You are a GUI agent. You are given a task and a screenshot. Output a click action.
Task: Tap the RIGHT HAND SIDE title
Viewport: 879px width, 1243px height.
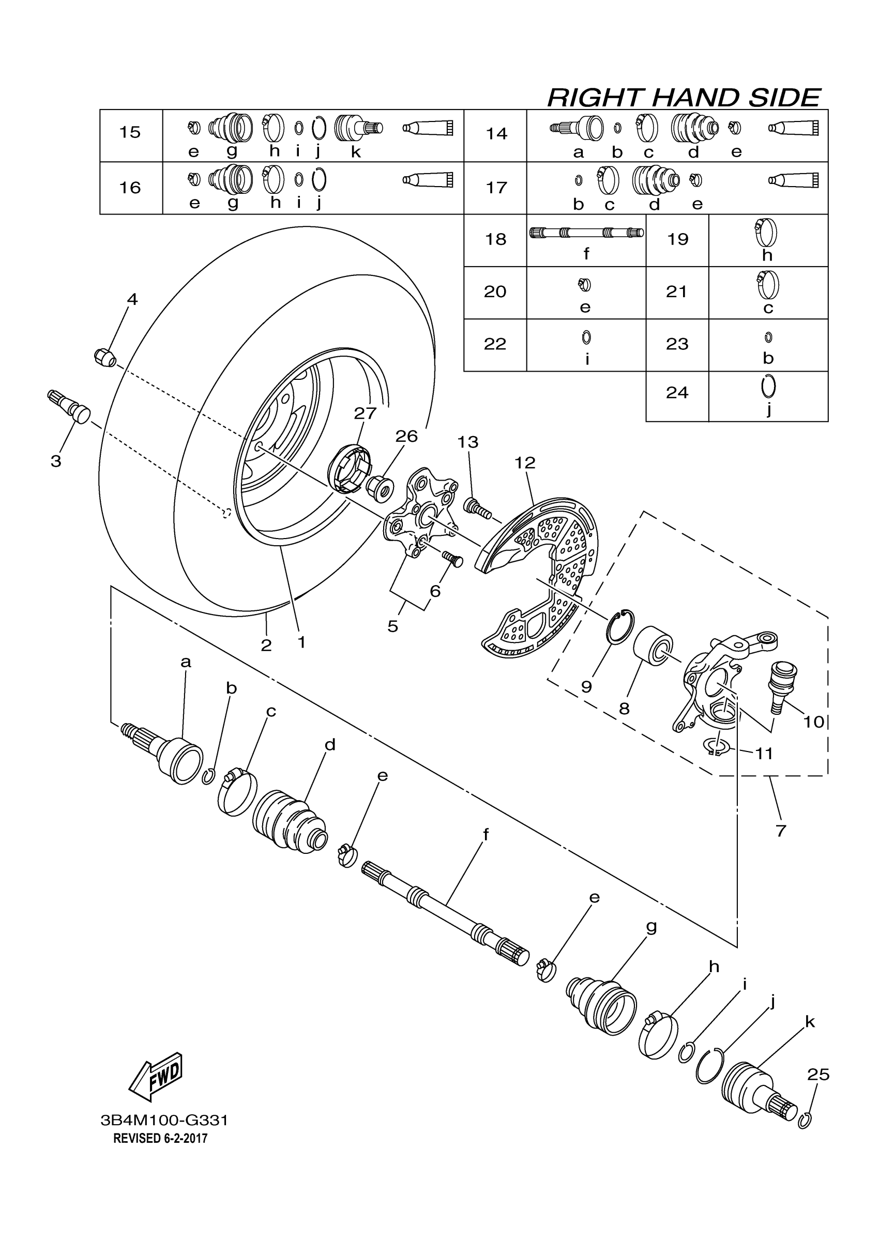click(684, 98)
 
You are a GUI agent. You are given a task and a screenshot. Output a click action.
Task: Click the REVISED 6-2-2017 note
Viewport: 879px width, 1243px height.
click(160, 1138)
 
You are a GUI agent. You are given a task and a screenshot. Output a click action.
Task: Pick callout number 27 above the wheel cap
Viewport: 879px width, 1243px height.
click(365, 413)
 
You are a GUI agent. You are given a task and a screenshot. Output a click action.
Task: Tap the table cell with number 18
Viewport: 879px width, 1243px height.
click(495, 239)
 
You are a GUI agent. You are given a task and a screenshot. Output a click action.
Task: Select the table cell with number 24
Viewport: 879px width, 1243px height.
click(677, 392)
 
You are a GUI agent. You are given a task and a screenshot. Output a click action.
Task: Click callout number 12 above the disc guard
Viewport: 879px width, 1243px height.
click(525, 463)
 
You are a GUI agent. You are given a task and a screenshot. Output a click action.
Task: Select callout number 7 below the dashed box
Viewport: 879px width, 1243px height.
click(780, 831)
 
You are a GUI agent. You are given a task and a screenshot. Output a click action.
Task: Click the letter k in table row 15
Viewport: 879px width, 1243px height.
click(356, 152)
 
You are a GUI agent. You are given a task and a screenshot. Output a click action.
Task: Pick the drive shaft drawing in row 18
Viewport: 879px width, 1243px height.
click(586, 233)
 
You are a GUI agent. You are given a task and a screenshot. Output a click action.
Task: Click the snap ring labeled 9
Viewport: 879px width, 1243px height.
click(620, 627)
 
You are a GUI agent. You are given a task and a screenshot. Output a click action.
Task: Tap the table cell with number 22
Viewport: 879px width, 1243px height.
click(495, 344)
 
